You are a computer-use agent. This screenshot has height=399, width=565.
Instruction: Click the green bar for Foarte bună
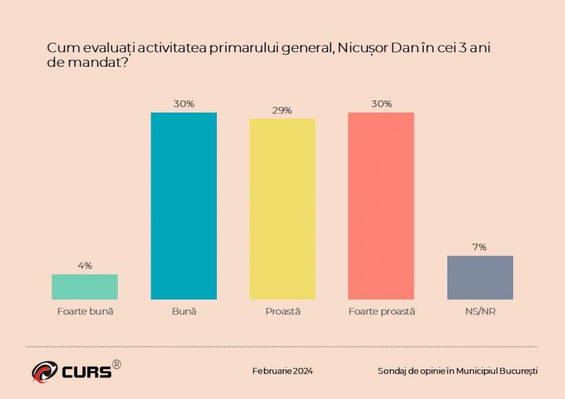[85, 287]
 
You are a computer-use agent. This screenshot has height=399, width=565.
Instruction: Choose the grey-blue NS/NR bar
[480, 277]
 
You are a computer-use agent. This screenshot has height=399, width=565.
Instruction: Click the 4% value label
[85, 265]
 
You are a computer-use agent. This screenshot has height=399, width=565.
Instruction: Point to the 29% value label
[282, 110]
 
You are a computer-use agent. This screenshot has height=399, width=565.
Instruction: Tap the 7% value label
[480, 247]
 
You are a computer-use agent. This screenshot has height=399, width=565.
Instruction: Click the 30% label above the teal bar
[184, 103]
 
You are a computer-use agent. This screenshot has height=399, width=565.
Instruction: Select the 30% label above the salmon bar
[381, 103]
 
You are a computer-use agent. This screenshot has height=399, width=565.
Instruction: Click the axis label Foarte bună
[85, 311]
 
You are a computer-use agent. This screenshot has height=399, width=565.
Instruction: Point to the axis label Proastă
[282, 311]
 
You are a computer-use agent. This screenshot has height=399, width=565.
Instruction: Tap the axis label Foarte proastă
[381, 311]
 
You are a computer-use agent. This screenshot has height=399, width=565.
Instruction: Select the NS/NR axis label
[480, 311]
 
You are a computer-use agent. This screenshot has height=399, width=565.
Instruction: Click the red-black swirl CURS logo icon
[44, 371]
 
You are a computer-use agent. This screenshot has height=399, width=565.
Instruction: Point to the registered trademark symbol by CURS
[116, 365]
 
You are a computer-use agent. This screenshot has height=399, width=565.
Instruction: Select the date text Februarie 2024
[282, 371]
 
